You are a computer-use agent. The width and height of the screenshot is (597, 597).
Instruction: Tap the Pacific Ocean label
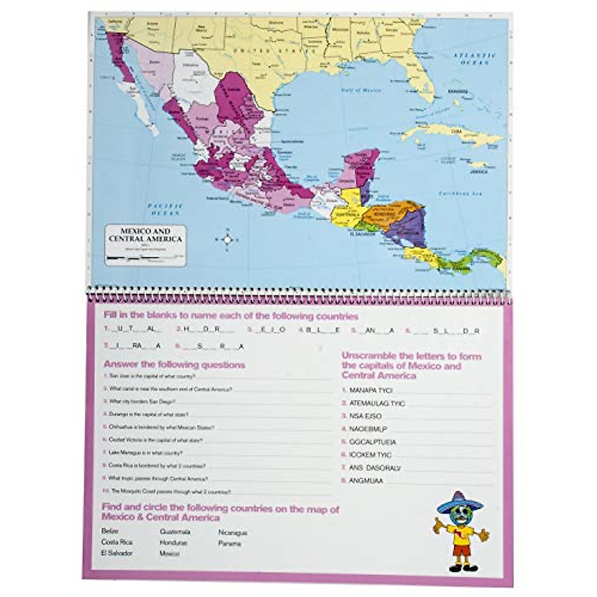pos(166,209)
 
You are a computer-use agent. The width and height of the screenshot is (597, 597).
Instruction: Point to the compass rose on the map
pos(227,240)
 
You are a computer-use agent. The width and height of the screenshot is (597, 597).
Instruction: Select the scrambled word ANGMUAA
pos(366,481)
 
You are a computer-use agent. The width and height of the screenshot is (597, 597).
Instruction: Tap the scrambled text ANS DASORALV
pos(375,468)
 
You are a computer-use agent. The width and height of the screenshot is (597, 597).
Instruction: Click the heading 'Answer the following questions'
pos(174,365)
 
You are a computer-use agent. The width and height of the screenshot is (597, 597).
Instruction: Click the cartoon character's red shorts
pos(462,551)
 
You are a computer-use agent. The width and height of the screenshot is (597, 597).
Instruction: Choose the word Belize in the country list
pos(110,531)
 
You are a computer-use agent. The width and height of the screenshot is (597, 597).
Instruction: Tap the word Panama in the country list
pos(229,543)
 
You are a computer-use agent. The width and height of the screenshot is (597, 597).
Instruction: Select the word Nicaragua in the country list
pos(233,532)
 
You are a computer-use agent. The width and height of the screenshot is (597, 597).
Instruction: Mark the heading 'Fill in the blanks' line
pos(230,316)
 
